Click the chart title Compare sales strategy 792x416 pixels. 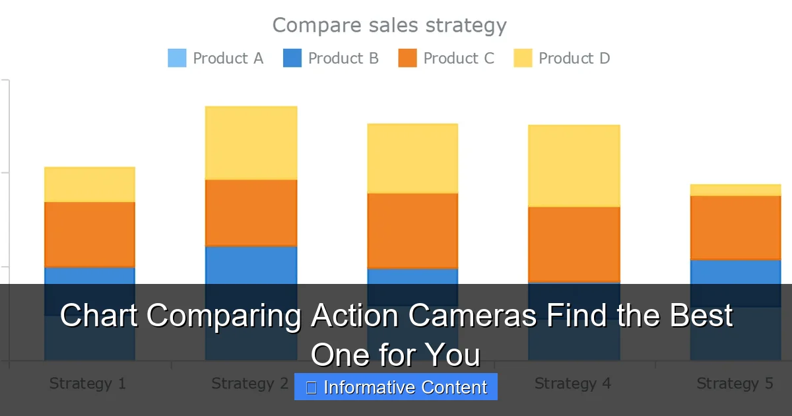tap(389, 25)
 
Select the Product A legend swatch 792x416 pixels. tap(177, 58)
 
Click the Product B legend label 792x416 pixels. tap(343, 58)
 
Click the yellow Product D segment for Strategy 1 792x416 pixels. tap(90, 184)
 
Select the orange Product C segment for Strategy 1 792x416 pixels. tap(90, 234)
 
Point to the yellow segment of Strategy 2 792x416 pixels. tap(251, 143)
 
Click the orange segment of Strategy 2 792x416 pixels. tap(251, 213)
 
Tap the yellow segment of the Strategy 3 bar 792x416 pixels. tap(412, 158)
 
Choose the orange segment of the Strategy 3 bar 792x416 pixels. tap(412, 230)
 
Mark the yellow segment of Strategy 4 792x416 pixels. tap(574, 166)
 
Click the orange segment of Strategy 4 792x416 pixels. tap(574, 244)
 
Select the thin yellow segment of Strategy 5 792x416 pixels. tap(735, 190)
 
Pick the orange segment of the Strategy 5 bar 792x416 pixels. tap(735, 228)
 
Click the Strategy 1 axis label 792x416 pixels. tap(87, 384)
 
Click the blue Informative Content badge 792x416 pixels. tap(396, 387)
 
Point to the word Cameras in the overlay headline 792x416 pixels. tap(471, 316)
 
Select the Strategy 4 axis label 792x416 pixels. tap(572, 384)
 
